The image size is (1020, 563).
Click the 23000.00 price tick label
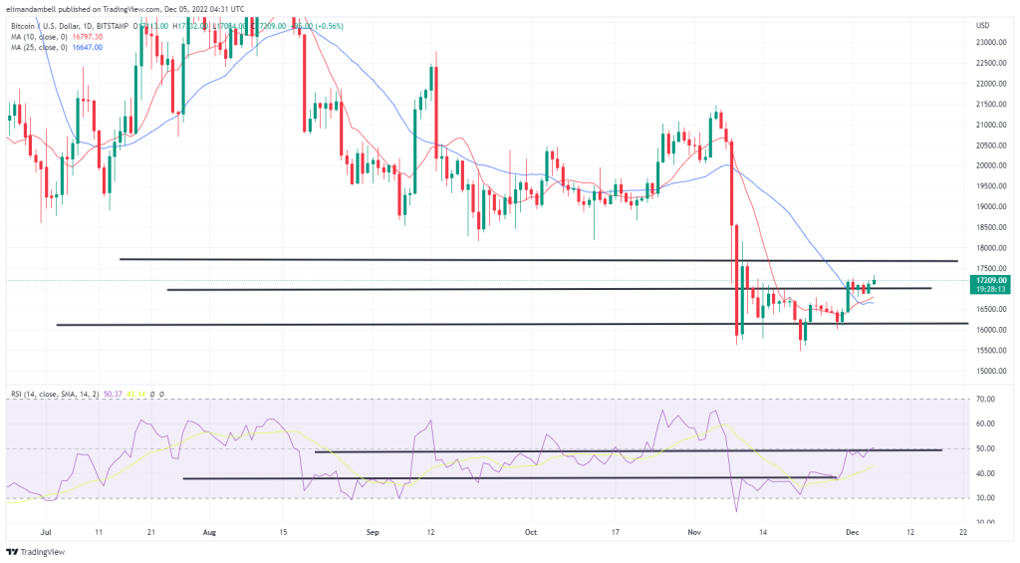click(x=991, y=42)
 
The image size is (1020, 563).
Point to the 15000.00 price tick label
click(x=991, y=371)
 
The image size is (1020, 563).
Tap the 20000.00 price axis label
click(x=991, y=165)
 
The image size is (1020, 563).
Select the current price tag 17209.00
click(x=992, y=281)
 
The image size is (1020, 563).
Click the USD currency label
click(x=982, y=25)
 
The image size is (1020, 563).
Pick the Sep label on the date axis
click(x=375, y=533)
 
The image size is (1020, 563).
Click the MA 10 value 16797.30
click(x=86, y=36)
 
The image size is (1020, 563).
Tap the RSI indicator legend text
click(x=50, y=393)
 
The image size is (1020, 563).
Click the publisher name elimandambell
click(x=35, y=8)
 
